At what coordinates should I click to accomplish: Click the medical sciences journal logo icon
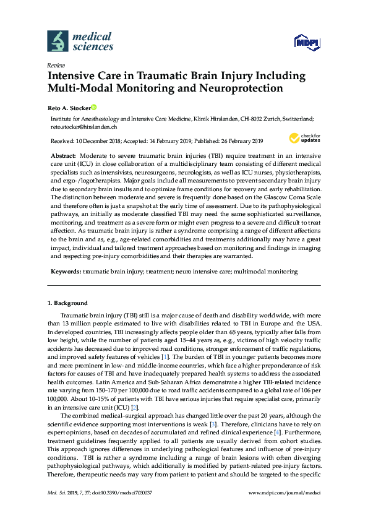tap(58, 41)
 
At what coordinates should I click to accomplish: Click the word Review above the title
tap(56, 65)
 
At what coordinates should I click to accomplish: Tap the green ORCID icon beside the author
tap(95, 107)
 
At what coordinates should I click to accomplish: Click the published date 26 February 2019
tap(236, 140)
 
